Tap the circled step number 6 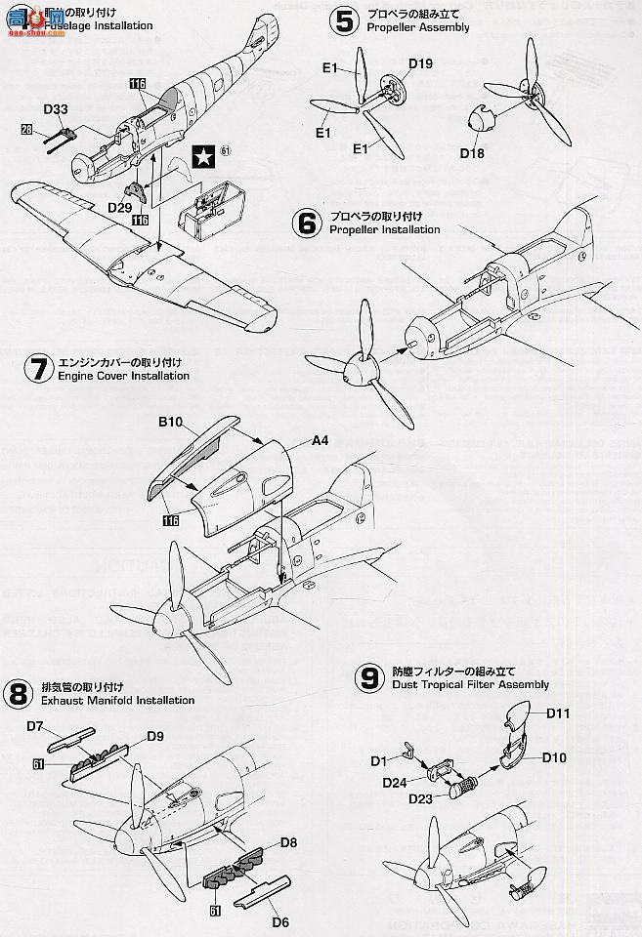click(x=307, y=224)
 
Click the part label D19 click(x=421, y=64)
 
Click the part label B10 click(x=172, y=425)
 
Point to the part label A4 click(x=320, y=440)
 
